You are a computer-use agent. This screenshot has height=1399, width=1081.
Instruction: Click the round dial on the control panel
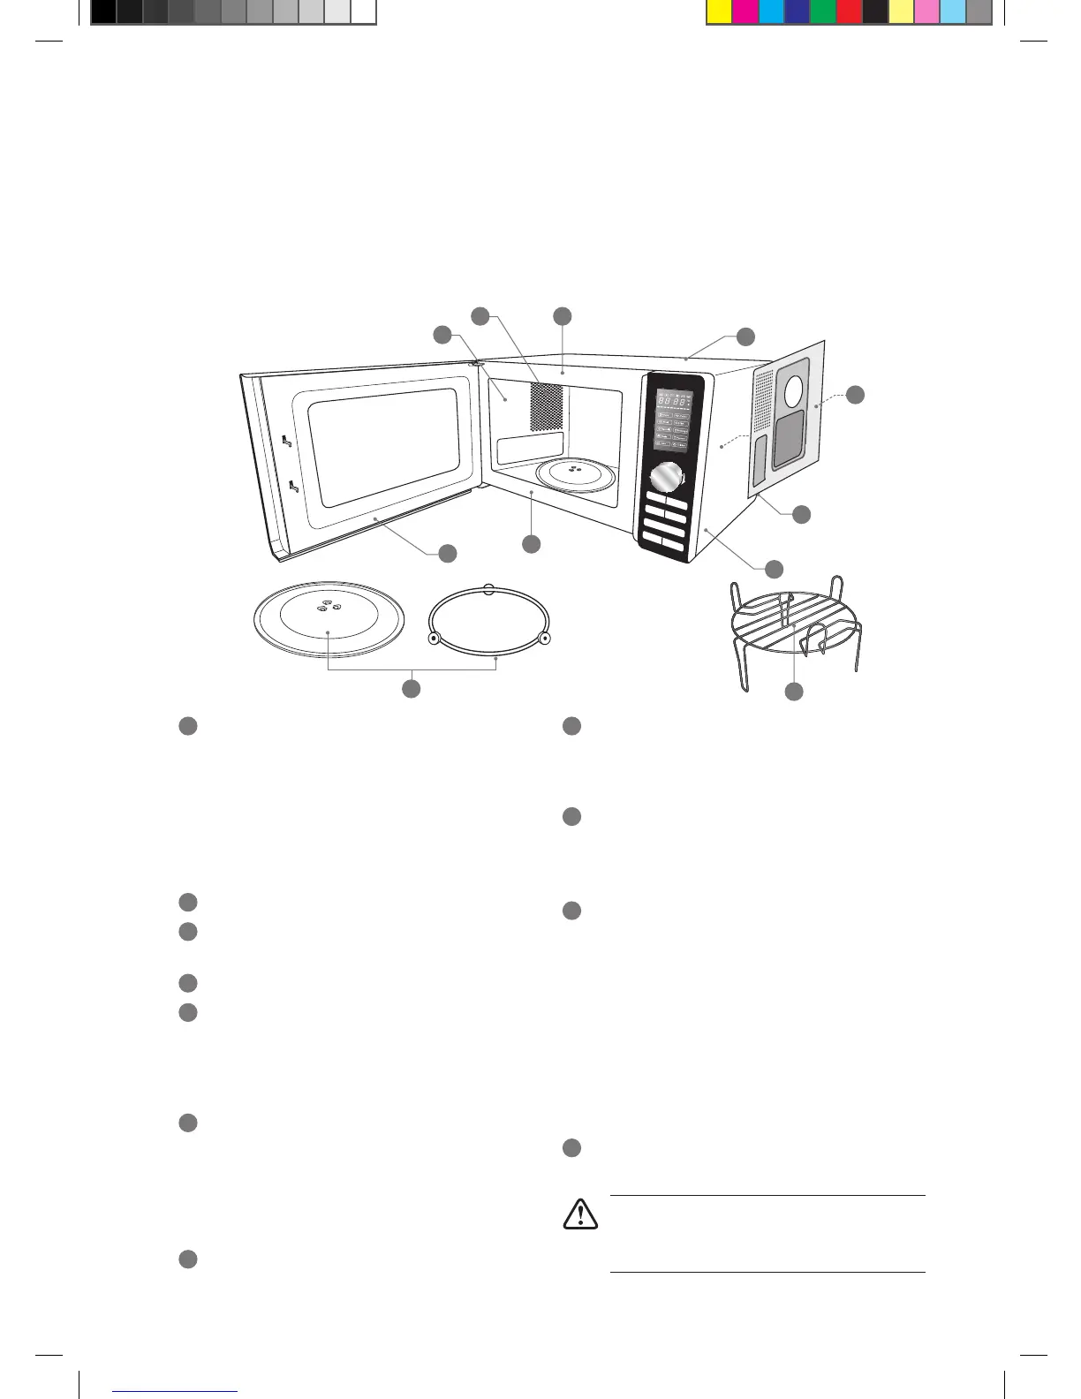[668, 479]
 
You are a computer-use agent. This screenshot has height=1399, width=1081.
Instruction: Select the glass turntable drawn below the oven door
[329, 618]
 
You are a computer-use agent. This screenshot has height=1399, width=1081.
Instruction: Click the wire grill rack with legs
[795, 629]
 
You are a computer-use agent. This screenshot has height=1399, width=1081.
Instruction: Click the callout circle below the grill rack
[794, 692]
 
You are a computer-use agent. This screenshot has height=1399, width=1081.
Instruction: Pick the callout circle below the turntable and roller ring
[411, 688]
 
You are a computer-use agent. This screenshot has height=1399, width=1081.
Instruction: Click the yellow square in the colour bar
[719, 11]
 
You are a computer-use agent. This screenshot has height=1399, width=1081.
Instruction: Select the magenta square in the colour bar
[745, 11]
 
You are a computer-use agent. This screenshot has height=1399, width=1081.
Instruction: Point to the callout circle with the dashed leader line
[854, 395]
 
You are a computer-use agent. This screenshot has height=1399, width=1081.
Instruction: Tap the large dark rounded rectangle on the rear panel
[788, 439]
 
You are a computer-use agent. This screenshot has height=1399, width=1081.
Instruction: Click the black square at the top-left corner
[103, 11]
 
